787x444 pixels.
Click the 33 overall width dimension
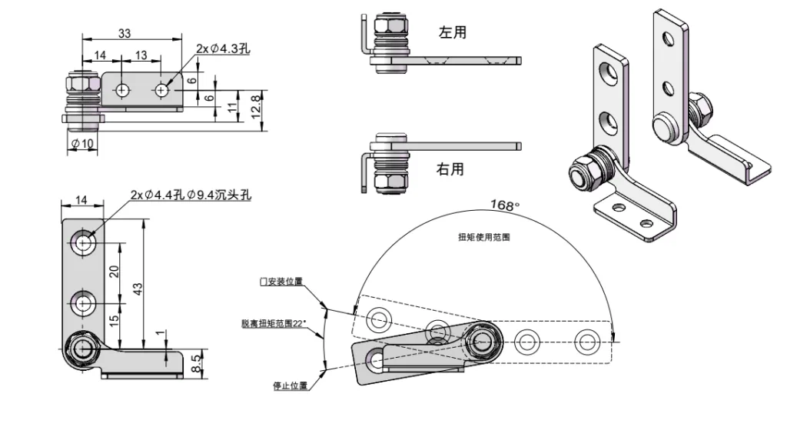click(x=125, y=33)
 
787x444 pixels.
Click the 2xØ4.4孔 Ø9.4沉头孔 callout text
click(x=191, y=195)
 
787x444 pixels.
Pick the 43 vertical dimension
click(x=138, y=287)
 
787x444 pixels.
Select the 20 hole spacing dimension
click(x=115, y=272)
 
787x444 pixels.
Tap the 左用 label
click(x=452, y=32)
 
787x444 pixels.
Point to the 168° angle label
click(x=505, y=205)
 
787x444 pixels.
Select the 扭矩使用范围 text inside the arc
click(x=483, y=238)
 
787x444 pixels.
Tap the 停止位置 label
click(x=290, y=386)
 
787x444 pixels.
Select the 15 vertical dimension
click(x=115, y=321)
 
